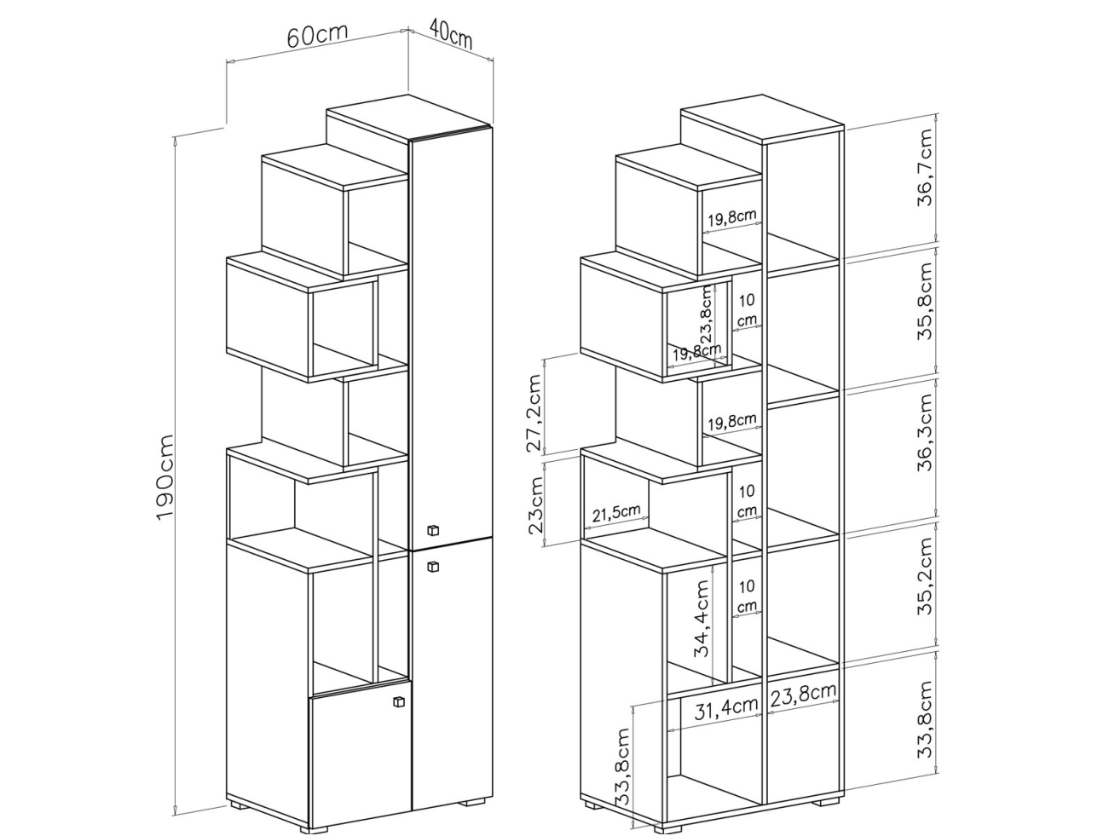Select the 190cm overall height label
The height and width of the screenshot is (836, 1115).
tap(166, 476)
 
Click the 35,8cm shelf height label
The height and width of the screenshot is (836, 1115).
tap(926, 301)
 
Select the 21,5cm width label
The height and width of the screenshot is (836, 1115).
tap(615, 512)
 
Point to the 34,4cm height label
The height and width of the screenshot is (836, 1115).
tap(702, 618)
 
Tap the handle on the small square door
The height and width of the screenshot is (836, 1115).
tap(398, 701)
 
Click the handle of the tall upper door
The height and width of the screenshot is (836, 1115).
tap(432, 531)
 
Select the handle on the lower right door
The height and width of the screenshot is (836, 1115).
tap(432, 564)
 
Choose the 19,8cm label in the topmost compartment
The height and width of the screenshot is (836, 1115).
tap(731, 217)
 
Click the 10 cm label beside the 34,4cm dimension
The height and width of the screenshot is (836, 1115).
tap(747, 596)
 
